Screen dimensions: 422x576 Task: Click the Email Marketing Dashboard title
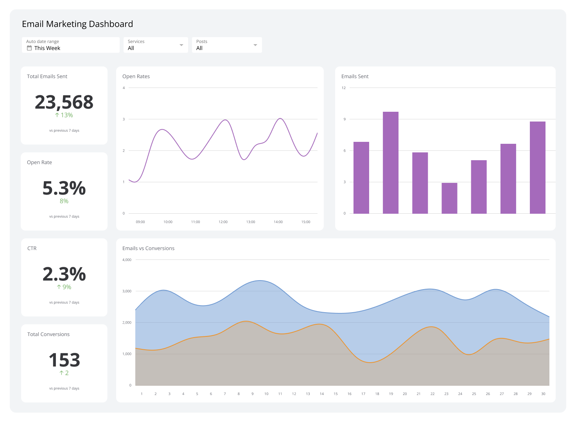pyautogui.click(x=77, y=24)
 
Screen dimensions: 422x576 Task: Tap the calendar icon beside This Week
pyautogui.click(x=29, y=48)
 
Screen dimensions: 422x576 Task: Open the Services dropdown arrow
pyautogui.click(x=181, y=45)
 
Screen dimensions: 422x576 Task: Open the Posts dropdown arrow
pyautogui.click(x=255, y=45)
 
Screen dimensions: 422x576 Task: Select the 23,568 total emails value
pyautogui.click(x=64, y=102)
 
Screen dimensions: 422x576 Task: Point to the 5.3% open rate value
pyautogui.click(x=64, y=188)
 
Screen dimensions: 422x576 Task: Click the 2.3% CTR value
pyautogui.click(x=64, y=274)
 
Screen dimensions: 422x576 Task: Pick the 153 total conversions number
pyautogui.click(x=64, y=360)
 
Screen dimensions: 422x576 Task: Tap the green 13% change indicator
pyautogui.click(x=64, y=115)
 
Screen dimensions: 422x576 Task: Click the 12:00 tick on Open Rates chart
pyautogui.click(x=223, y=222)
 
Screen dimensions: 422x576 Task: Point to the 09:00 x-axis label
pyautogui.click(x=140, y=222)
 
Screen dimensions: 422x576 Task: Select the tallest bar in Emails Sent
pyautogui.click(x=390, y=163)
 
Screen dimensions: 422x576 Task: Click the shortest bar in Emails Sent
pyautogui.click(x=449, y=198)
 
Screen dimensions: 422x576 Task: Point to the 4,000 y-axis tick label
pyautogui.click(x=127, y=260)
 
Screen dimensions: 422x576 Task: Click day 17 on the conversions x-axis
pyautogui.click(x=363, y=394)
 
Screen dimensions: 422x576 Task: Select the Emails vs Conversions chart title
pyautogui.click(x=148, y=249)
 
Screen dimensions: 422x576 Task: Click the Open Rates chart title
pyautogui.click(x=136, y=77)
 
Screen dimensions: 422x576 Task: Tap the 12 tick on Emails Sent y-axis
pyautogui.click(x=344, y=88)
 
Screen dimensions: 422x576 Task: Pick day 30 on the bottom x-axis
pyautogui.click(x=543, y=394)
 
